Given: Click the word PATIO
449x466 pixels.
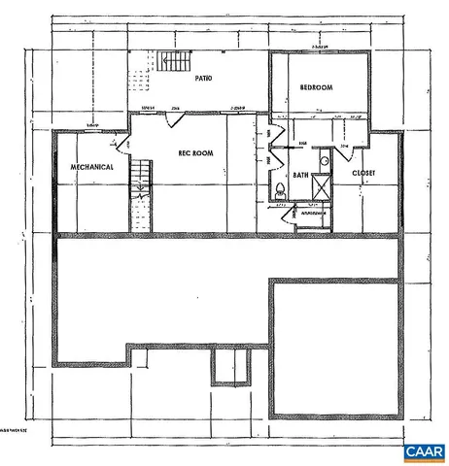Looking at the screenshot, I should (x=204, y=78).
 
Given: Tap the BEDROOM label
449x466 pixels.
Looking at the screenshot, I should (x=316, y=88).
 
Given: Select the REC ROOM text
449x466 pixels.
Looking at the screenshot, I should (x=194, y=152).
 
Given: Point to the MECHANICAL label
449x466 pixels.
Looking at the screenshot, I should (x=92, y=167).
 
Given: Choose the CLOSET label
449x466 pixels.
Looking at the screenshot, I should (x=363, y=174).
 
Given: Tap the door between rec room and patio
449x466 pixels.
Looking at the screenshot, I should (x=174, y=116).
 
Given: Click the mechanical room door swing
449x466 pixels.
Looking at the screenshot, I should (x=122, y=146).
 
